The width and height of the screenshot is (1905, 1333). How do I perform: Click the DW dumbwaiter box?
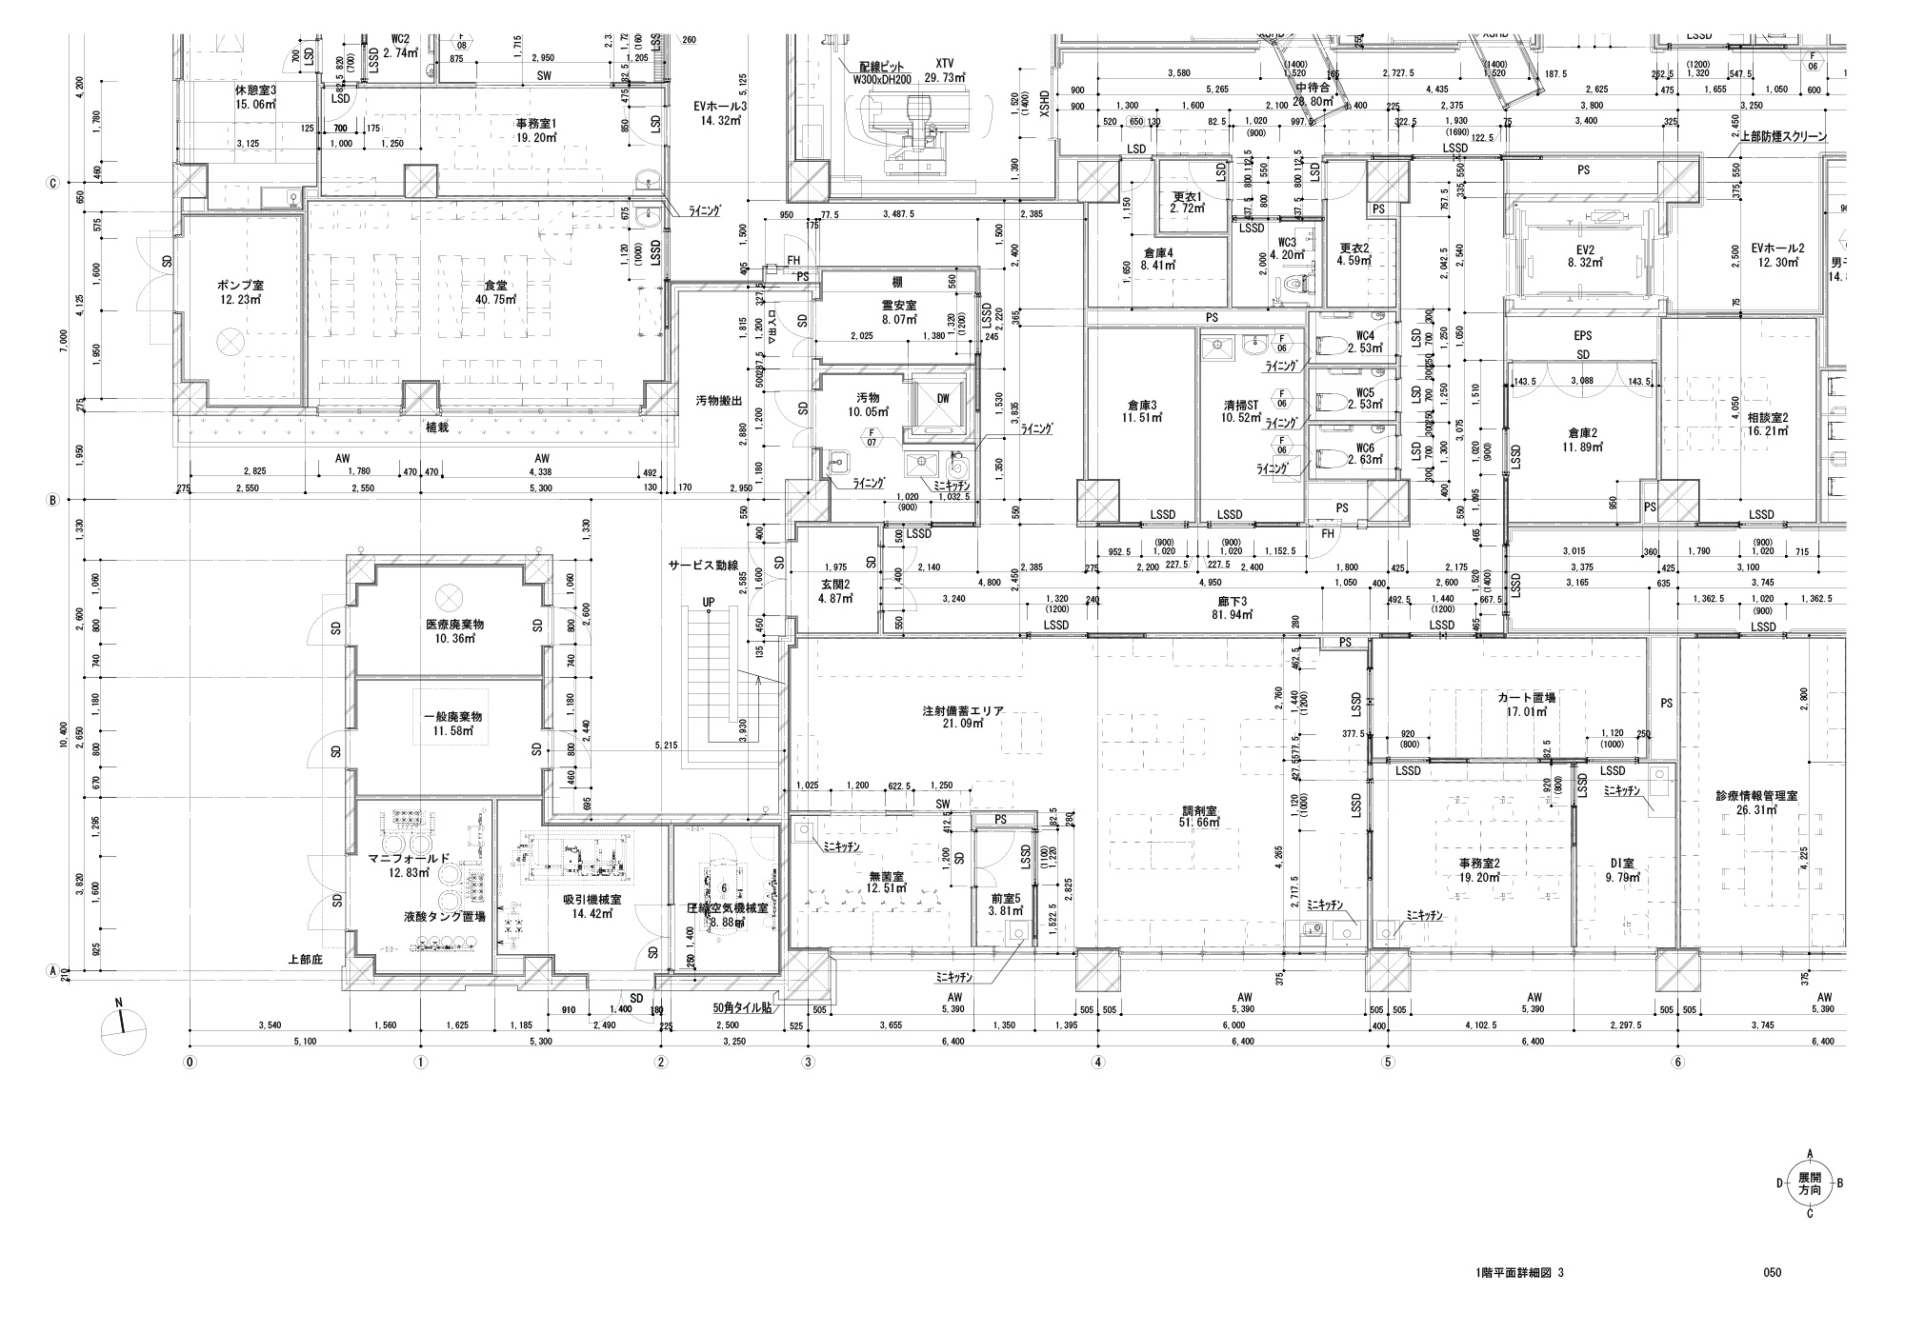(942, 398)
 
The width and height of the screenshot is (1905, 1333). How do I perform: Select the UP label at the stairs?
(708, 602)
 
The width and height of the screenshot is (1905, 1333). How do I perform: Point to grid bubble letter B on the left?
(53, 499)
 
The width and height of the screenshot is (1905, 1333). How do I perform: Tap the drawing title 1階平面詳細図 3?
(1519, 1272)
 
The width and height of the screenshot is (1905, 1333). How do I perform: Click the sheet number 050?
(1773, 1272)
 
